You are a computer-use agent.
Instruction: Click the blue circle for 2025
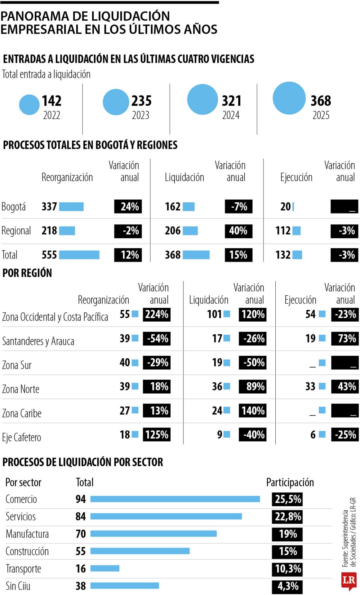[x=289, y=98]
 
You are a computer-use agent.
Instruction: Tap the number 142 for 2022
[x=51, y=101]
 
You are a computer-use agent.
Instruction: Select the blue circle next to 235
[x=116, y=102]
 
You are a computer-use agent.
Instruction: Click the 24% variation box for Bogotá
[x=128, y=206]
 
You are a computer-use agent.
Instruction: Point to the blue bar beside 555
[x=79, y=255]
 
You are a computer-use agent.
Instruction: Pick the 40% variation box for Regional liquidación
[x=238, y=231]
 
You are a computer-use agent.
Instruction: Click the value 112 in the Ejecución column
[x=283, y=231]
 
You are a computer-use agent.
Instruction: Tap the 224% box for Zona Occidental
[x=157, y=314]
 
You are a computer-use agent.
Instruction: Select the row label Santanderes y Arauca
[x=38, y=341]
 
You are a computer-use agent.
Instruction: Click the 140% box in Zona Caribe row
[x=252, y=411]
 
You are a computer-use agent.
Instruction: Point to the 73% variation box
[x=345, y=338]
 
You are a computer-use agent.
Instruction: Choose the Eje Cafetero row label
[x=22, y=437]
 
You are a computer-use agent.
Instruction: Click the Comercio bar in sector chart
[x=175, y=499]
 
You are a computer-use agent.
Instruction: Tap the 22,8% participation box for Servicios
[x=287, y=517]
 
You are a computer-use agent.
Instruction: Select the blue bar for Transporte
[x=105, y=568]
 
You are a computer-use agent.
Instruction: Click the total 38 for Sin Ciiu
[x=81, y=586]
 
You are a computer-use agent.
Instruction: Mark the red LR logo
[x=349, y=581]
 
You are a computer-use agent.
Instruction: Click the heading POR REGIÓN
[x=27, y=273]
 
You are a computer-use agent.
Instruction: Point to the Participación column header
[x=290, y=482]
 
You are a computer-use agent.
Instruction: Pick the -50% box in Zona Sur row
[x=252, y=363]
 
